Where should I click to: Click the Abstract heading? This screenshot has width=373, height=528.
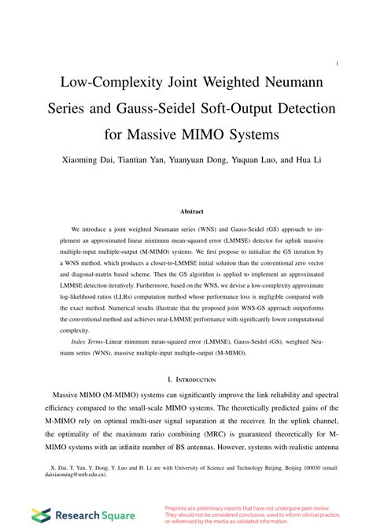(191, 212)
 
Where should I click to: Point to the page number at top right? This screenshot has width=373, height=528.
(337, 64)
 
